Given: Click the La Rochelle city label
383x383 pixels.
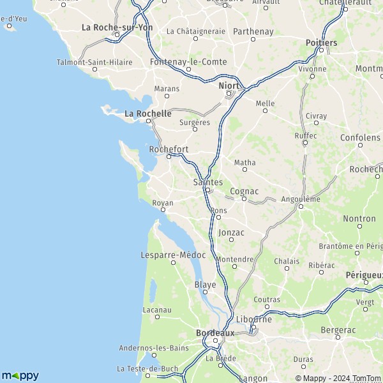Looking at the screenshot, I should pos(148,114).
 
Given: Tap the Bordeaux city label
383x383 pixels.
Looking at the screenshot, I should pos(215,333).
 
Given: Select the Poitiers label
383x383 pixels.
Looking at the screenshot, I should pos(322,42).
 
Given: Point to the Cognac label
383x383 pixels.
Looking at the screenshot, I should pos(244,191).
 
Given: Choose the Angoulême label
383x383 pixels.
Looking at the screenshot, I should pos(301,199).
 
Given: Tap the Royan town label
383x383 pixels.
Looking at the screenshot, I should pos(163,203).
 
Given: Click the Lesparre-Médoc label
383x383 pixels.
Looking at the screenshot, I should pos(172,255).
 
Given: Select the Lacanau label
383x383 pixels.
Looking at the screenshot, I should pos(157,310).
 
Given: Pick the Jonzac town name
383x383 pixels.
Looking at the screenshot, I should pos(231,232).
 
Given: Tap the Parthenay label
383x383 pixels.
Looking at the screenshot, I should pos(253,31).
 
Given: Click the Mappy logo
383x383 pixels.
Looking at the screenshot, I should pos(20,375).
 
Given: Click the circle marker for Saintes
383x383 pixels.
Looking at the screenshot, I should pos(207,190).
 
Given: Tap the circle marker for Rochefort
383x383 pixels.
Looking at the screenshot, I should pos(169,156).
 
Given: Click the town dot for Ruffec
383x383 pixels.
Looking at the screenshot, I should pos(305,143).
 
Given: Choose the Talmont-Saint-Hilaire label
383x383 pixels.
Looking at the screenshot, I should pos(94,62).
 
